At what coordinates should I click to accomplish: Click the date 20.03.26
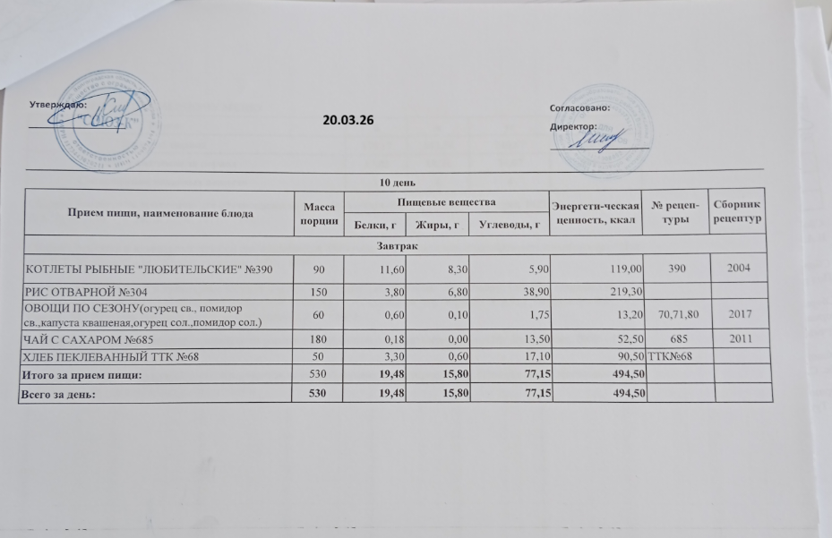point(347,120)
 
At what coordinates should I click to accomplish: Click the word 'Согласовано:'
point(579,107)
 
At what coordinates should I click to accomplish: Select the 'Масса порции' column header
point(320,213)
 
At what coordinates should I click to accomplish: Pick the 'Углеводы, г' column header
point(510,224)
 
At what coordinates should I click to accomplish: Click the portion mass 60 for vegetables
point(320,313)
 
